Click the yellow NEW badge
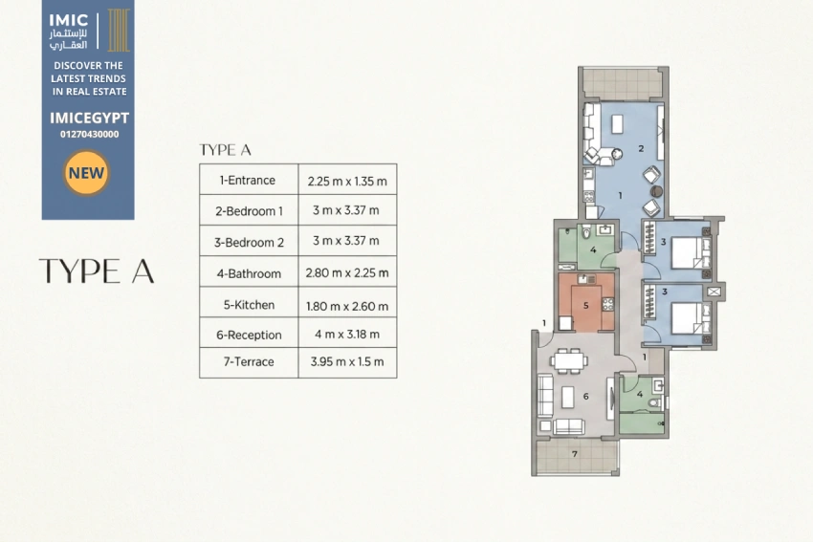pos(86,173)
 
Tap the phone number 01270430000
pos(89,134)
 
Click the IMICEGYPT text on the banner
pos(89,119)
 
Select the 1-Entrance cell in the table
pos(249,180)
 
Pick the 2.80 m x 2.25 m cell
pos(347,271)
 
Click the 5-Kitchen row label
pos(249,305)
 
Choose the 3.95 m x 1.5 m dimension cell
pos(347,362)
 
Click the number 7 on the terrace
pos(575,454)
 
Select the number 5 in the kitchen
pos(586,305)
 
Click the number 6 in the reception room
pos(586,397)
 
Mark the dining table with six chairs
pos(569,360)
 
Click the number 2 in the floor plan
pos(641,149)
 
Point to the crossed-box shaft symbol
pos(714,292)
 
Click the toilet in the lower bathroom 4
pos(655,402)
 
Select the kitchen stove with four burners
pos(607,304)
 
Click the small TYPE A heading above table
pos(225,150)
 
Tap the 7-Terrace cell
pos(249,362)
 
